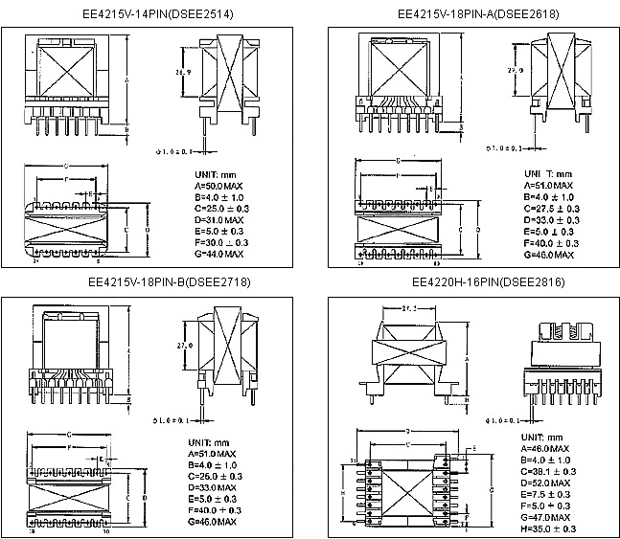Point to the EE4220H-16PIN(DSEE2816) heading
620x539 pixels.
click(474, 282)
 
